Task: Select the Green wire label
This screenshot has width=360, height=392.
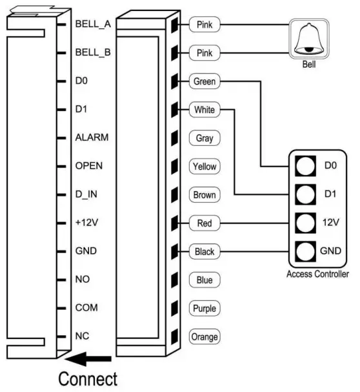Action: (205, 82)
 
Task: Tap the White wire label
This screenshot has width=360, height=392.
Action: (205, 110)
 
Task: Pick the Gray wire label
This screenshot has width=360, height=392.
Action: (205, 138)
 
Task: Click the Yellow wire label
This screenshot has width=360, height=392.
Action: (205, 167)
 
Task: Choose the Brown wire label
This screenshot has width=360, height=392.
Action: (205, 195)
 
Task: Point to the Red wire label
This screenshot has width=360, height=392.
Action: (205, 223)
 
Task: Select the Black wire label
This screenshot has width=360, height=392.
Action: (205, 252)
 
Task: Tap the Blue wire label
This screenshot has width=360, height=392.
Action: (205, 280)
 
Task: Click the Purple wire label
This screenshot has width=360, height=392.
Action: (205, 309)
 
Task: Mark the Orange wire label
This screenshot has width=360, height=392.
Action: (205, 337)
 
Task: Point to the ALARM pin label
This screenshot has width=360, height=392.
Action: (91, 138)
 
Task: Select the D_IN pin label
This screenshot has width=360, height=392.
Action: (86, 194)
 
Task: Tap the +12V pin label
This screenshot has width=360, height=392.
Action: (86, 223)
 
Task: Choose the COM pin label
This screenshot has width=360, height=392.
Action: (86, 308)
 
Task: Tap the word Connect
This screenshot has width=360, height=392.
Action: (88, 378)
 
